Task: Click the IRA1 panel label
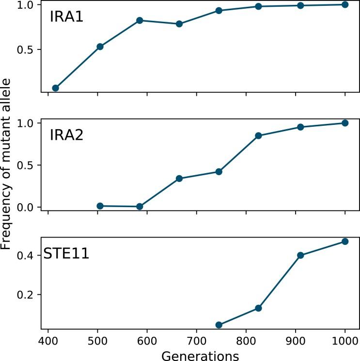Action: (66, 18)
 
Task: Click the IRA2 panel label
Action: (66, 135)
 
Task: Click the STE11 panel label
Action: (66, 254)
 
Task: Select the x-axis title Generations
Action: (200, 356)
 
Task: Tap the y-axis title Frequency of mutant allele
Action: (6, 165)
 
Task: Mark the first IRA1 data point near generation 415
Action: (55, 88)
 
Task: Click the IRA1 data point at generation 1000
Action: (345, 4)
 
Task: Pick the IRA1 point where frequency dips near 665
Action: (179, 24)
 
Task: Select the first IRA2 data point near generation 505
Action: (100, 206)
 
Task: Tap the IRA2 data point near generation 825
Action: (258, 135)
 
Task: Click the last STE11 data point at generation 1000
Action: (345, 241)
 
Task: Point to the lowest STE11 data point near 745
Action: (219, 325)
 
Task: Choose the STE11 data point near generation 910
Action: (300, 255)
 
